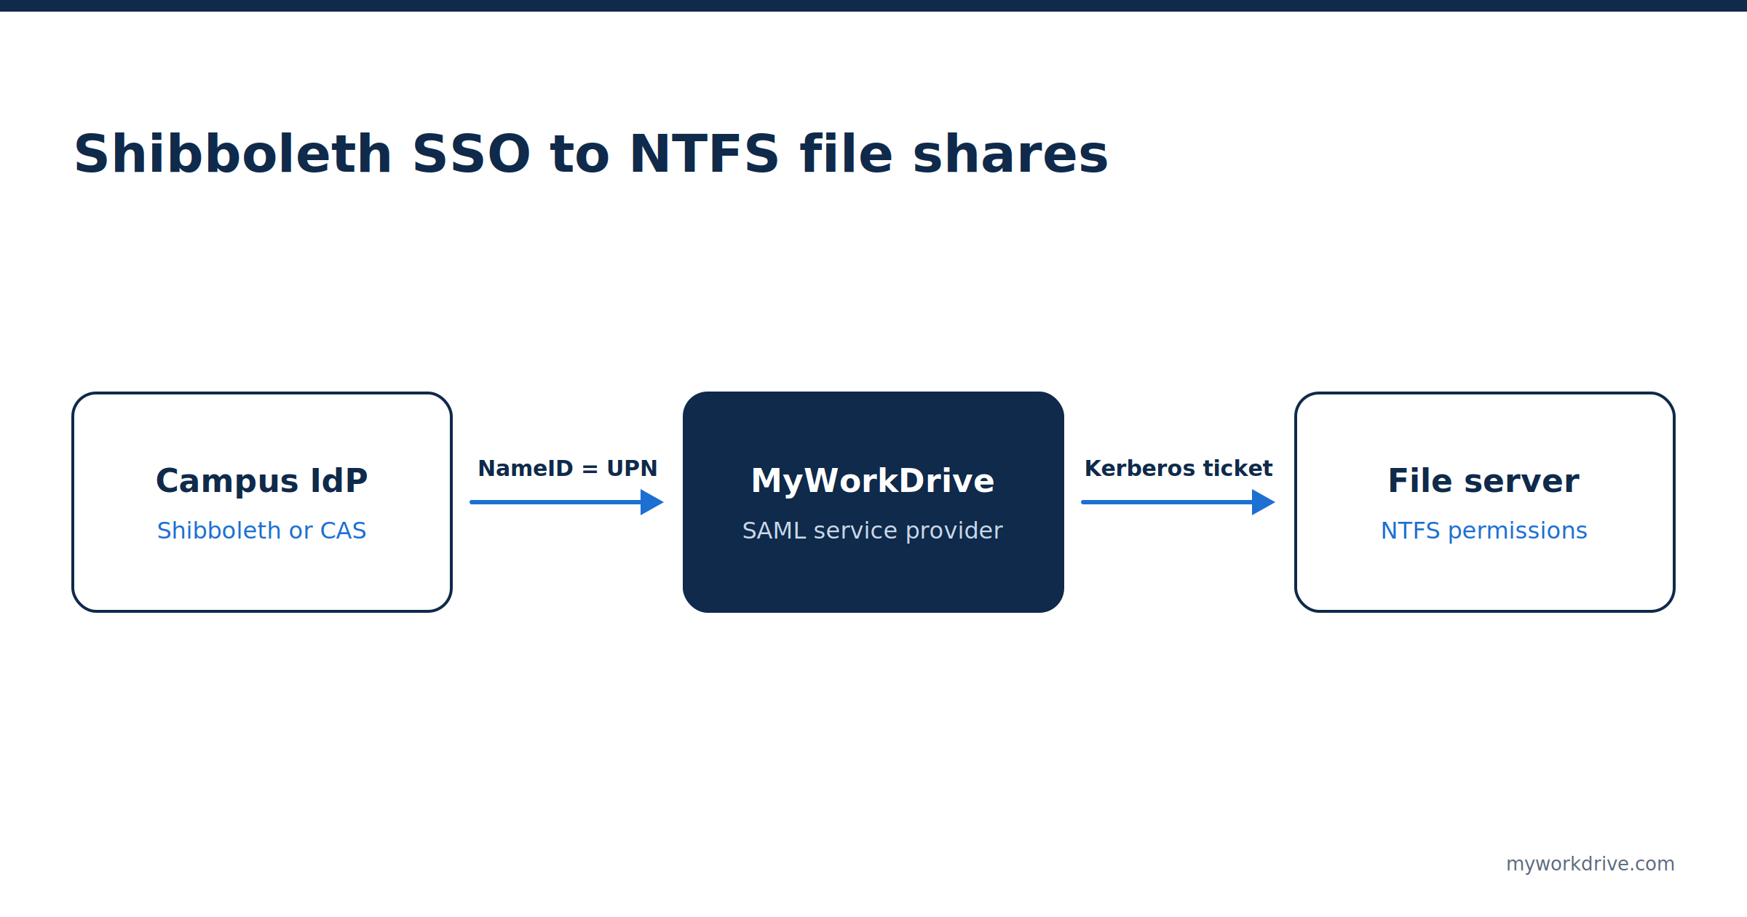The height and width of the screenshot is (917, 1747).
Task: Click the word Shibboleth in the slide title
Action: (233, 154)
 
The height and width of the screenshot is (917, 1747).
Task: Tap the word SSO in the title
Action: (472, 154)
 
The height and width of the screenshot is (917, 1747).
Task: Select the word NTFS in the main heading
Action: (705, 154)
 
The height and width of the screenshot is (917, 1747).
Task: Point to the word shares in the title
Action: (1010, 154)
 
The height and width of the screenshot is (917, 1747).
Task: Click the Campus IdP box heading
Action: (262, 480)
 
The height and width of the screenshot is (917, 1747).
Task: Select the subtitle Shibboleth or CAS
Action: (262, 531)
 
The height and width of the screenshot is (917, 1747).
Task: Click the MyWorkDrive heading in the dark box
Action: (873, 480)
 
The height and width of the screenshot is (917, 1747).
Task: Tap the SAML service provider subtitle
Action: (873, 531)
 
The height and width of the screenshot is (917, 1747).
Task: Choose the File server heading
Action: (1484, 480)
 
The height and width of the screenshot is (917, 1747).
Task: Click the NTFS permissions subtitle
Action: (1484, 531)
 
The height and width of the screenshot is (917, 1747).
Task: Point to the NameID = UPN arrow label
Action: (568, 468)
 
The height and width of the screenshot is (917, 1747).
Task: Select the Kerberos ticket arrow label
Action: (1178, 468)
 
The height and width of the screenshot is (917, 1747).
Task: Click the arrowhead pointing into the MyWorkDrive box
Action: (652, 502)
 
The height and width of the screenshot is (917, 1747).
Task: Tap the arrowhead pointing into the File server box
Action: (1264, 502)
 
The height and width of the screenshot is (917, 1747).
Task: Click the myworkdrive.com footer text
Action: (1590, 864)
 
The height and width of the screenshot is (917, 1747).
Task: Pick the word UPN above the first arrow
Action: (632, 468)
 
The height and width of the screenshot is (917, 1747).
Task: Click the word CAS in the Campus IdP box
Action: (344, 531)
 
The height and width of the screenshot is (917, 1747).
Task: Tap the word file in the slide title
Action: (847, 154)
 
